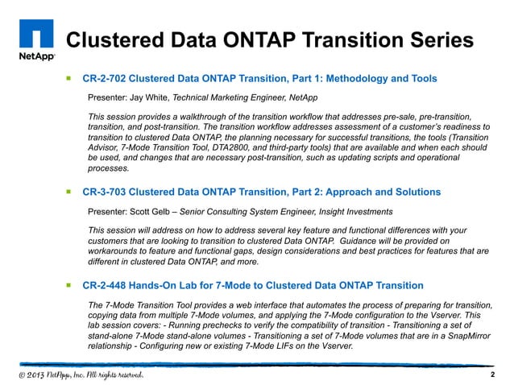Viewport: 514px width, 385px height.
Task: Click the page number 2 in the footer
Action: (x=491, y=375)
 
